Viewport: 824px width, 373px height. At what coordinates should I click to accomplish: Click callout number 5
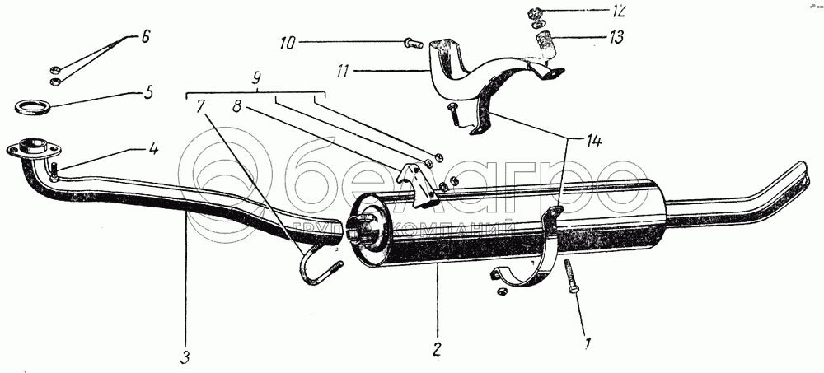pos(148,92)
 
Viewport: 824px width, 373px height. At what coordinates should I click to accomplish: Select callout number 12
pos(616,12)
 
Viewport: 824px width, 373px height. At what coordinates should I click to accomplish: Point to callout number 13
pos(616,37)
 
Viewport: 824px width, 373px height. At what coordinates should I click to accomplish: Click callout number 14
pos(594,141)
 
